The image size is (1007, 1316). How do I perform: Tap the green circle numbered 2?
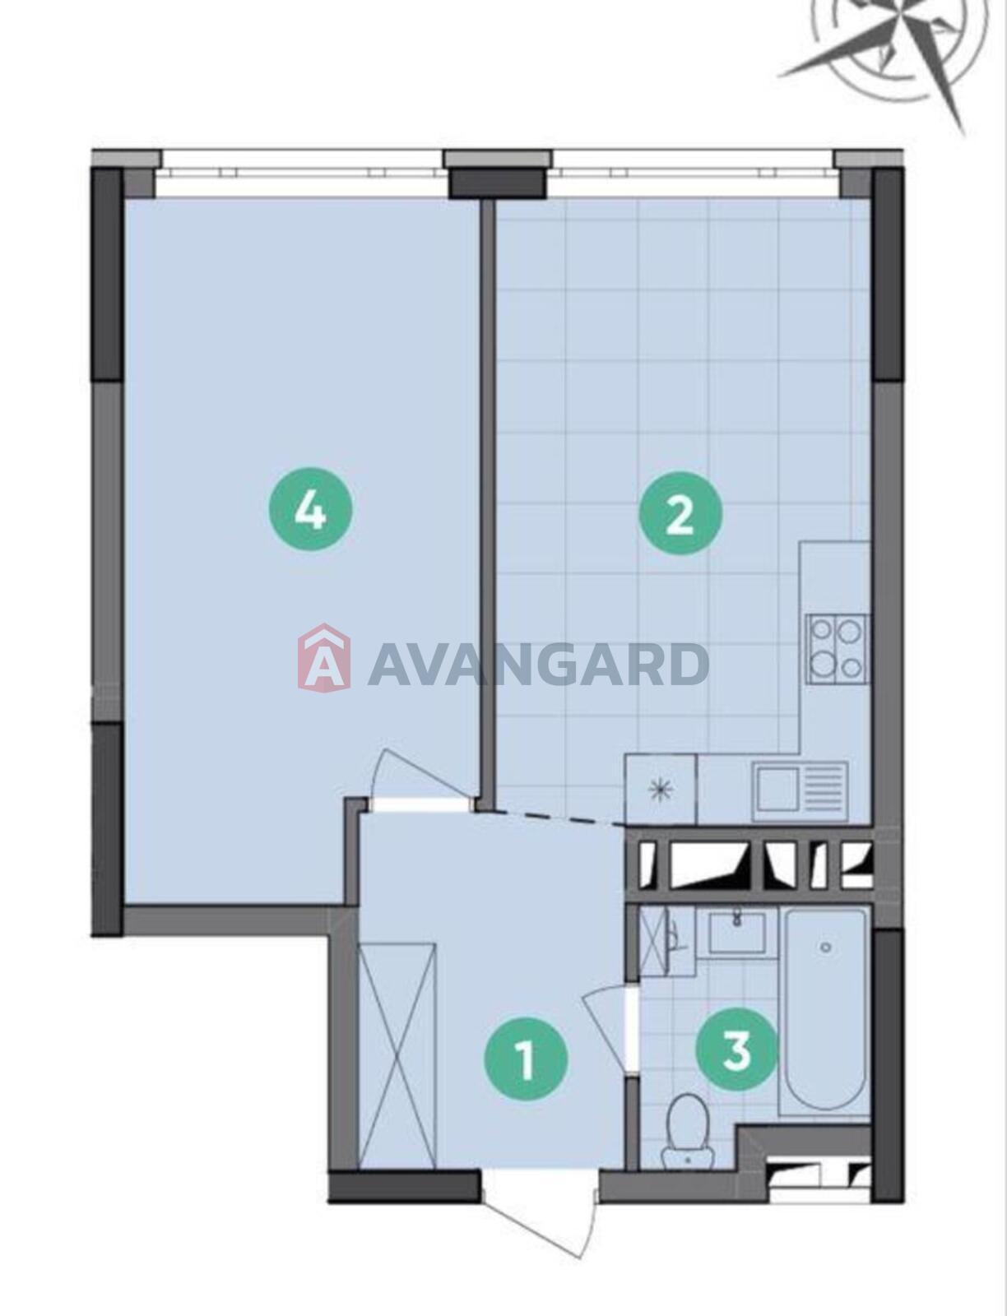coord(680,512)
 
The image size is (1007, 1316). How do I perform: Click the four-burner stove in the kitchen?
coord(837,649)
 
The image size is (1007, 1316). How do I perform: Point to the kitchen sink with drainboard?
coord(800,793)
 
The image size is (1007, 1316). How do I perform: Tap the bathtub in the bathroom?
coord(824,1008)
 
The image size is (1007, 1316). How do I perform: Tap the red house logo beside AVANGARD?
coord(324,658)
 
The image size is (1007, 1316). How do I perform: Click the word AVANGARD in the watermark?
coord(538,664)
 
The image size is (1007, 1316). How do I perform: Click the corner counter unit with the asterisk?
coord(661,789)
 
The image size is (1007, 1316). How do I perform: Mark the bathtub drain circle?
coord(826,948)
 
